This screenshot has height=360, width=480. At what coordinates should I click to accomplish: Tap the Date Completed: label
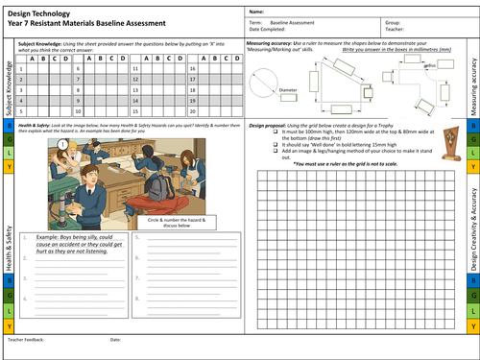pyautogui.click(x=268, y=26)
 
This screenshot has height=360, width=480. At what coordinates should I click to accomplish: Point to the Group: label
pyautogui.click(x=392, y=18)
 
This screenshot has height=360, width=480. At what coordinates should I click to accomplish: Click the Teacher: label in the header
pyautogui.click(x=394, y=26)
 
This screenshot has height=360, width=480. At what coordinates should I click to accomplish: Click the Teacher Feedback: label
pyautogui.click(x=24, y=340)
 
